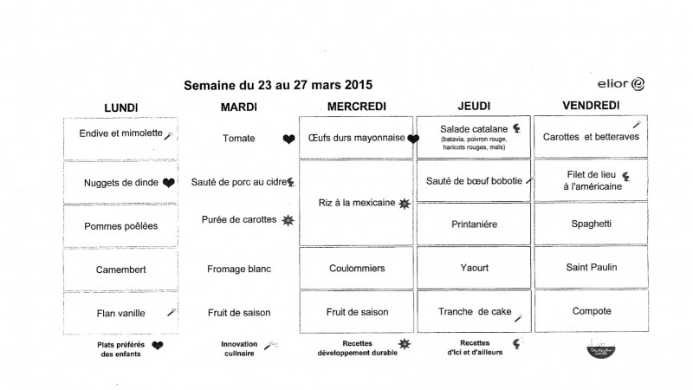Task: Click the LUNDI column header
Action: coord(120,107)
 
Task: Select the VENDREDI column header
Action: coord(590,106)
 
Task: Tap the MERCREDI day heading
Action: coord(356,107)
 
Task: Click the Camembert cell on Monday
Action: coord(120,269)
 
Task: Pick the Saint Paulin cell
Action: coord(591,267)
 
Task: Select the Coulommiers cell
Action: coord(356,269)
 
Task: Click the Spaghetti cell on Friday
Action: coord(591,224)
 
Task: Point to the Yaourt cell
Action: coord(473,268)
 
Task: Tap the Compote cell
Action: coord(591,311)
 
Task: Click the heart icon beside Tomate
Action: coord(288,139)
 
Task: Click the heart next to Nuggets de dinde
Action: coord(169,182)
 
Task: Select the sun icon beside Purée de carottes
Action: coord(288,220)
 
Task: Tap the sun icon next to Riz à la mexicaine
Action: coord(404,203)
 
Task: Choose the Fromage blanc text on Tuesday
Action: coord(238,269)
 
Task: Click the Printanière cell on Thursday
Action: coord(473,224)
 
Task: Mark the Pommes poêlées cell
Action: coord(120,224)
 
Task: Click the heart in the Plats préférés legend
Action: coord(158,346)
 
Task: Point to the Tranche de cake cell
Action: coord(473,312)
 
